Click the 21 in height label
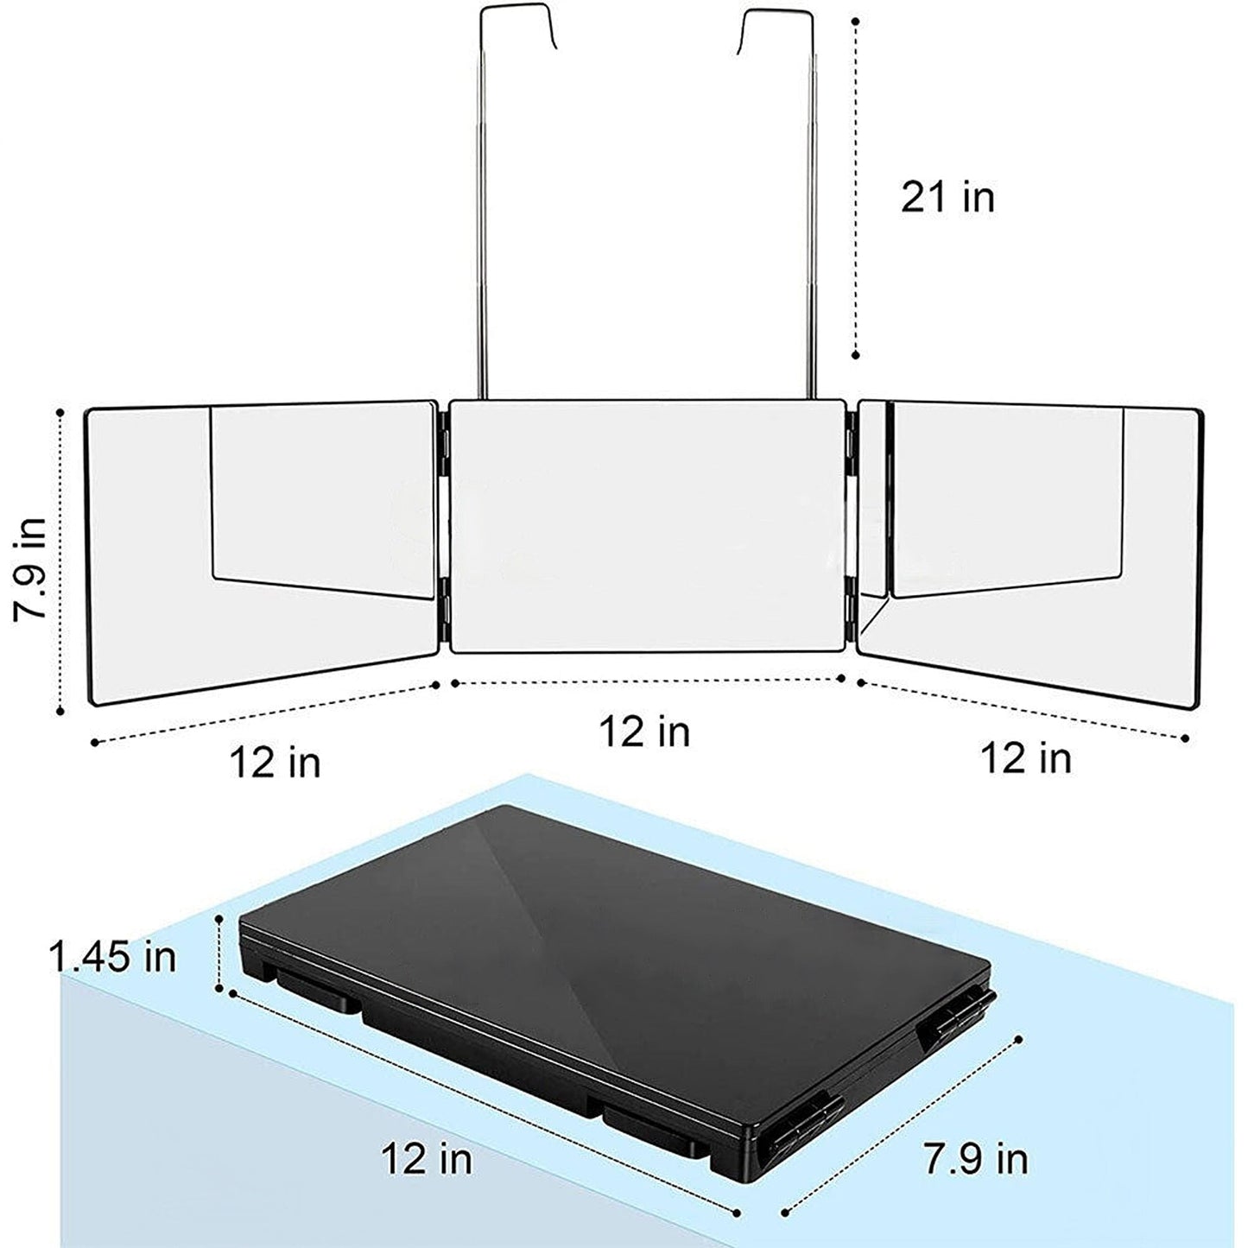947,197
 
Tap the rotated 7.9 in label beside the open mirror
31,568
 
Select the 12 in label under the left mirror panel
276,763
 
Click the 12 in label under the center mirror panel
644,732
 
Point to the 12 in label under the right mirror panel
1027,757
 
